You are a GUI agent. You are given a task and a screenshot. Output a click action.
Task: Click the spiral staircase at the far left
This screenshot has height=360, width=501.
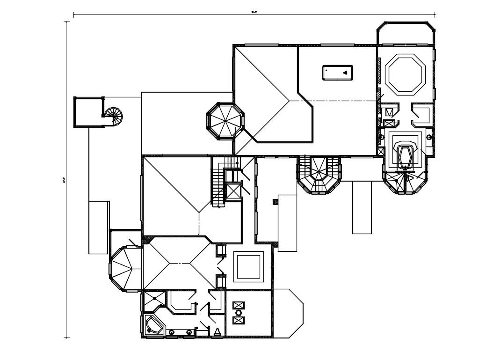(114, 116)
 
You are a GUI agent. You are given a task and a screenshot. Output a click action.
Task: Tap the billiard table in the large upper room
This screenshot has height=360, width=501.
(337, 73)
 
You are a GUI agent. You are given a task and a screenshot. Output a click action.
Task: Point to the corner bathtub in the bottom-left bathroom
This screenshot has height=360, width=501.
(153, 324)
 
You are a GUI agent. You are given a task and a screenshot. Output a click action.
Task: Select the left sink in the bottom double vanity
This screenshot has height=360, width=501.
(172, 332)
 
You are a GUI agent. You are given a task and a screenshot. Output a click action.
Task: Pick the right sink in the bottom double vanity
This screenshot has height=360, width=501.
(189, 332)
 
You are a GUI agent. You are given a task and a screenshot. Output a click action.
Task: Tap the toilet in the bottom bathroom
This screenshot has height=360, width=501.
(217, 331)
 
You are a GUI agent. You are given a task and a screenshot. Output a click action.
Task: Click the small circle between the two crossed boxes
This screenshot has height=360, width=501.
(239, 313)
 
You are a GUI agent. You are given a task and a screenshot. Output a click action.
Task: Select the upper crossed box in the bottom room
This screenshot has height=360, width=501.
(239, 305)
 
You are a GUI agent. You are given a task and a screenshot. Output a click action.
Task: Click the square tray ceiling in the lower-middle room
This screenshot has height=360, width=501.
(248, 267)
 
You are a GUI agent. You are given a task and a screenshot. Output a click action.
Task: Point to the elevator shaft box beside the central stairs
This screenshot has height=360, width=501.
(232, 191)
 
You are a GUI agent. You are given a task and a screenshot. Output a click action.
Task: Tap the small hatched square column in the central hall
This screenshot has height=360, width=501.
(275, 202)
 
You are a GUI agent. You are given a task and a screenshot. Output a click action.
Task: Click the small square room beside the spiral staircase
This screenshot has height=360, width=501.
(88, 112)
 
